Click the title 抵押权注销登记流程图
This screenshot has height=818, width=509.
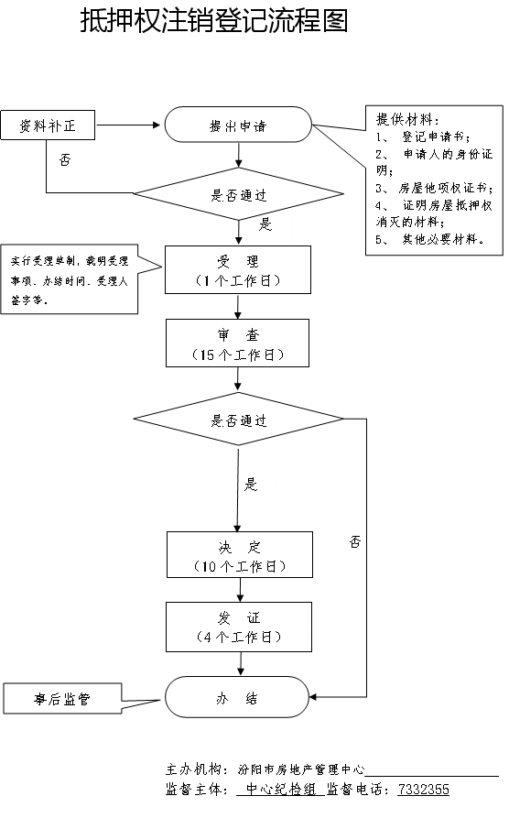[214, 21]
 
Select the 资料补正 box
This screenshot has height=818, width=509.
[48, 125]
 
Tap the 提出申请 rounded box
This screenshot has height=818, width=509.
[238, 125]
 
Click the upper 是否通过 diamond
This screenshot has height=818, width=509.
[238, 194]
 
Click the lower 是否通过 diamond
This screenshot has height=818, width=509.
[238, 419]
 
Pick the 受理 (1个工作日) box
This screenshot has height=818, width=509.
[238, 269]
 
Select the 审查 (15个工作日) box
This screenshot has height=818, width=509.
[238, 344]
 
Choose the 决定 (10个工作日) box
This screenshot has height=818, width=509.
[240, 554]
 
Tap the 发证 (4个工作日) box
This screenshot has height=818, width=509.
[239, 627]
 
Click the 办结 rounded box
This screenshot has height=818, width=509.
[237, 697]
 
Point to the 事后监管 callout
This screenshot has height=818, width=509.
[62, 699]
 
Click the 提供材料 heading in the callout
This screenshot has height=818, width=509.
[407, 119]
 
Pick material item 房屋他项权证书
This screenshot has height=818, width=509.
[445, 188]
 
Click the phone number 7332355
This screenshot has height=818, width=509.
[424, 789]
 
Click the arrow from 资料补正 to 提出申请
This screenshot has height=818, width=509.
[128, 125]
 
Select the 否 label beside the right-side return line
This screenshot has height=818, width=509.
[355, 541]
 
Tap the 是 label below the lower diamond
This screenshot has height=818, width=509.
[251, 485]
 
